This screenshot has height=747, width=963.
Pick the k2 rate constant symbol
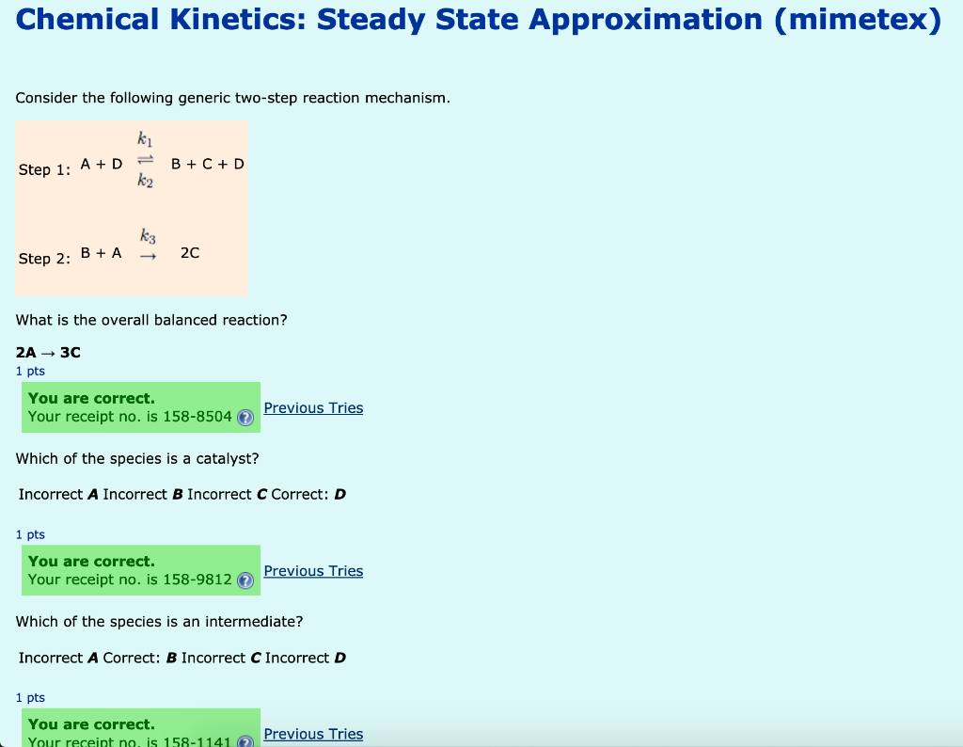(144, 182)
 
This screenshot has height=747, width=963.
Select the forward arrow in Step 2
(147, 254)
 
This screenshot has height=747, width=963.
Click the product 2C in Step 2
(189, 253)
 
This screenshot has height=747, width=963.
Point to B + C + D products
(208, 164)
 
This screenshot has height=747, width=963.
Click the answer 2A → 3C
(49, 353)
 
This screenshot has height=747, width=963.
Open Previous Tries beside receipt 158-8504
(313, 408)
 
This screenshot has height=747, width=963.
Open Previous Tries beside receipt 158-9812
(313, 571)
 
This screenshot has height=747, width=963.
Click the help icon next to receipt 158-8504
(245, 418)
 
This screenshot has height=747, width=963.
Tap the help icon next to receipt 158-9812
(245, 580)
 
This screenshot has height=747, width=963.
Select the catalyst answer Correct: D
(308, 495)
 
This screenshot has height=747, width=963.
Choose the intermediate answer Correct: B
(140, 658)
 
